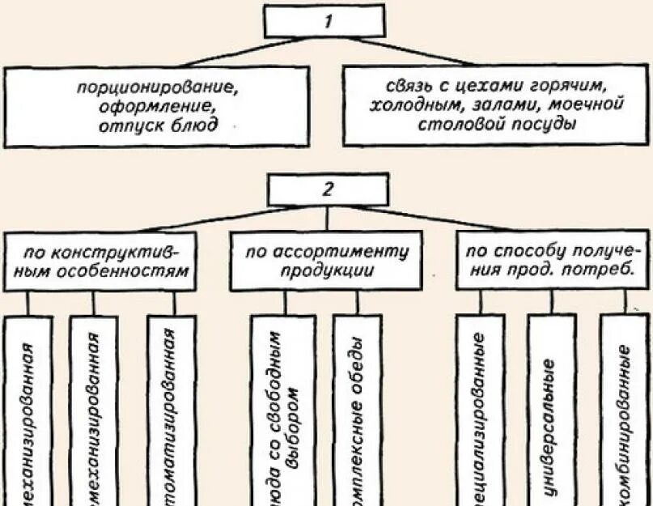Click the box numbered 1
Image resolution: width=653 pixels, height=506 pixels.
[328, 21]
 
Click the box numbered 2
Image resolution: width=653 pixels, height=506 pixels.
[328, 190]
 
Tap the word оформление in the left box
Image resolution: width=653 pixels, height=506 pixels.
[159, 106]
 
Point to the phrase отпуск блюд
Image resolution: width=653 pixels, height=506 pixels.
[159, 125]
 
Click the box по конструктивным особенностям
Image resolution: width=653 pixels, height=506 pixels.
[101, 262]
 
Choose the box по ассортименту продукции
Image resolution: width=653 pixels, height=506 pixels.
[327, 262]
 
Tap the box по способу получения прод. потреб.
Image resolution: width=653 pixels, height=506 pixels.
[553, 262]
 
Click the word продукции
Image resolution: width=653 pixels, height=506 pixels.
[327, 271]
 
